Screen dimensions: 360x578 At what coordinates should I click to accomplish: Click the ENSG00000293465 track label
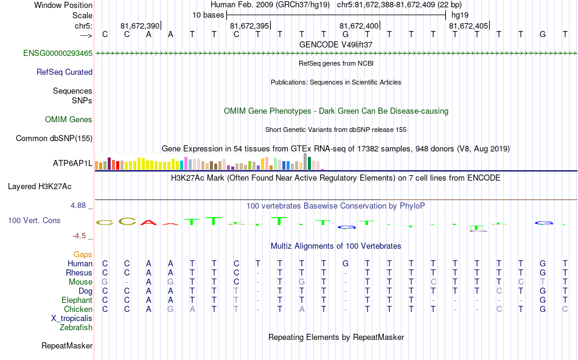pyautogui.click(x=58, y=54)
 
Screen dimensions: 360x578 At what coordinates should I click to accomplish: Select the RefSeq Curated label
pyautogui.click(x=64, y=72)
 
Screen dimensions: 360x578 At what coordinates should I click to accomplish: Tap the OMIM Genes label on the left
pyautogui.click(x=69, y=119)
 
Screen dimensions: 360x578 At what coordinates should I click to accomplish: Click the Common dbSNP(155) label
pyautogui.click(x=54, y=138)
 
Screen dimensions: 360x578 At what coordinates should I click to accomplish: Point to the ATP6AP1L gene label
pyautogui.click(x=72, y=164)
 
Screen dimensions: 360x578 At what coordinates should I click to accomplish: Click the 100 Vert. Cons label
pyautogui.click(x=34, y=220)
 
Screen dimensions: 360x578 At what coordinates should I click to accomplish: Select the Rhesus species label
pyautogui.click(x=79, y=273)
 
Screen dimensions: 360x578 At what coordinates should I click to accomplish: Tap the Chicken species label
pyautogui.click(x=78, y=310)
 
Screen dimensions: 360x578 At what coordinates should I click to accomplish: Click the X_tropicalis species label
pyautogui.click(x=72, y=319)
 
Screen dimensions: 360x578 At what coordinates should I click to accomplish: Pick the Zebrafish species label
pyautogui.click(x=77, y=328)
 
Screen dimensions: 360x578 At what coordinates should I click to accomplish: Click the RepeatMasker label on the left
pyautogui.click(x=67, y=346)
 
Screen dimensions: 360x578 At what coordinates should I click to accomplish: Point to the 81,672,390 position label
pyautogui.click(x=139, y=26)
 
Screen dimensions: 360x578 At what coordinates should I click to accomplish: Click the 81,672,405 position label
pyautogui.click(x=468, y=26)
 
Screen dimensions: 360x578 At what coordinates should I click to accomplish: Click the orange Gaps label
pyautogui.click(x=83, y=254)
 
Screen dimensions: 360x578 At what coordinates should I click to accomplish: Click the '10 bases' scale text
pyautogui.click(x=208, y=15)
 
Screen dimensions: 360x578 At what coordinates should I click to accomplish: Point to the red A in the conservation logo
pyautogui.click(x=148, y=222)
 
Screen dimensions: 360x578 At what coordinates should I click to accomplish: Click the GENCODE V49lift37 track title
pyautogui.click(x=336, y=44)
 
